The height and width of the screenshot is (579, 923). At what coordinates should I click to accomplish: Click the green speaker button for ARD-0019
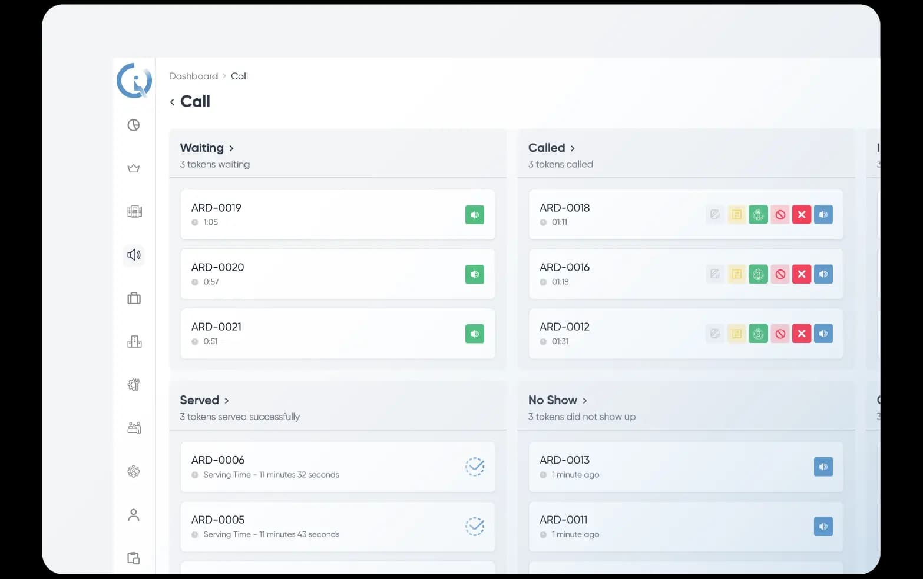(x=474, y=215)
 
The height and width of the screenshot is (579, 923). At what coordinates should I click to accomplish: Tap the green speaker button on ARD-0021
(x=474, y=334)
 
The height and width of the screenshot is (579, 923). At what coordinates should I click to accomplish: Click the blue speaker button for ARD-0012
(x=823, y=334)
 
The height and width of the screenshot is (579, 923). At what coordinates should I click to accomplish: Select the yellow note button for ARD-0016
(x=736, y=274)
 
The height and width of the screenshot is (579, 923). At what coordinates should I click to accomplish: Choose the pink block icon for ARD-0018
(x=780, y=215)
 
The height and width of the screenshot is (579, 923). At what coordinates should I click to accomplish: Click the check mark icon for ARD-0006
(x=475, y=467)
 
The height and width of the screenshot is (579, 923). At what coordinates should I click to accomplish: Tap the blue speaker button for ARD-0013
(x=823, y=467)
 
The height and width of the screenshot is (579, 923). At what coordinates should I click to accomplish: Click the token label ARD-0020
(x=217, y=267)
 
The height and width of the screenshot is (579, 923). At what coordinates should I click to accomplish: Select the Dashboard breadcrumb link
(x=193, y=76)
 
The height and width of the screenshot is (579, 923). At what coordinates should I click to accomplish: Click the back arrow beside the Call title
(x=172, y=102)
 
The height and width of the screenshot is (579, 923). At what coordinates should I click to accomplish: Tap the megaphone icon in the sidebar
(x=134, y=255)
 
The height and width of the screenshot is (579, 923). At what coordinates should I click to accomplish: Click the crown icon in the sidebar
(x=134, y=169)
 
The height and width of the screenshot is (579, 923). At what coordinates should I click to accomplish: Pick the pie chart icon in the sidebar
(x=134, y=125)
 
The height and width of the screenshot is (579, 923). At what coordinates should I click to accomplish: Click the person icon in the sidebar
(x=134, y=515)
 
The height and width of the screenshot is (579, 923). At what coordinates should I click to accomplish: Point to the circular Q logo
(x=134, y=80)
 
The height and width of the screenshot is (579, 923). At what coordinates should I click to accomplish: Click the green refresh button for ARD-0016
(x=758, y=274)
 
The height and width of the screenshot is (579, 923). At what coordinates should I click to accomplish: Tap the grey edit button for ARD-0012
(x=714, y=334)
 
